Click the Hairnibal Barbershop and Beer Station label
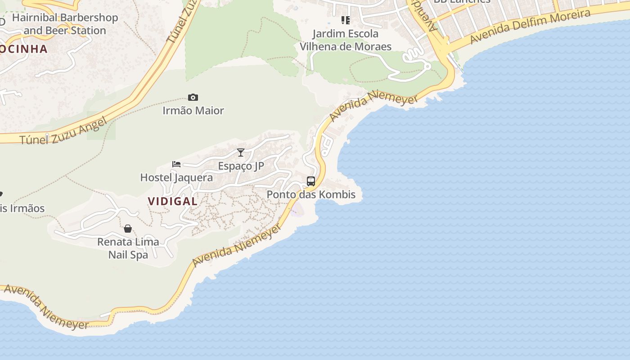click(x=65, y=24)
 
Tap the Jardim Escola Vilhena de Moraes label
click(x=346, y=40)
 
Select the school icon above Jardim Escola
click(x=346, y=20)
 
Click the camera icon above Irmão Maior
click(x=193, y=98)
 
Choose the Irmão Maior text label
click(x=193, y=111)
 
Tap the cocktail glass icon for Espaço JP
click(x=241, y=153)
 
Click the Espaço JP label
click(x=241, y=166)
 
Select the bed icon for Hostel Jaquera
click(x=176, y=164)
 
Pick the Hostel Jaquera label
click(x=176, y=178)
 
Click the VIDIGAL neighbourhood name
click(x=173, y=202)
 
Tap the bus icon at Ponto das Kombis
click(x=311, y=181)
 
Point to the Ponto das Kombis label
click(x=311, y=195)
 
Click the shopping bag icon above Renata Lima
click(x=128, y=229)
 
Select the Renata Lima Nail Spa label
click(x=128, y=248)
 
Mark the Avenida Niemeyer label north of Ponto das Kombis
click(x=373, y=104)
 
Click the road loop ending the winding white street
click(x=427, y=67)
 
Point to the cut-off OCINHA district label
click(x=23, y=49)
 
